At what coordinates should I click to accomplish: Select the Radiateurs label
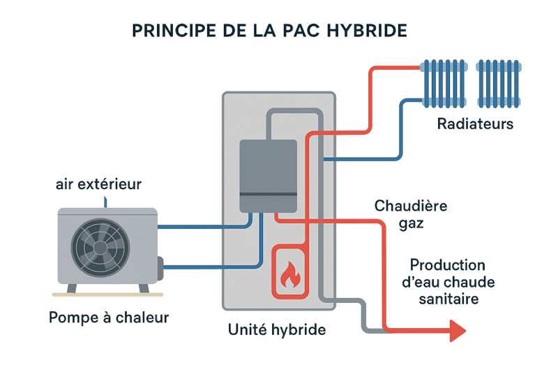coord(475,125)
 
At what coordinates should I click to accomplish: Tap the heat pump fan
coord(98,246)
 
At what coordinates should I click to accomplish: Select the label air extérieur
coord(98,185)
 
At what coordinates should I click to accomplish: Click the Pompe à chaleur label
coord(108,318)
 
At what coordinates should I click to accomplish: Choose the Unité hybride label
coord(278,330)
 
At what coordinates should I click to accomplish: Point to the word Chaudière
coord(411,206)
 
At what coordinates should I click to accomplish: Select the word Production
coord(447,265)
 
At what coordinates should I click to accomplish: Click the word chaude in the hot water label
coord(469,282)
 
